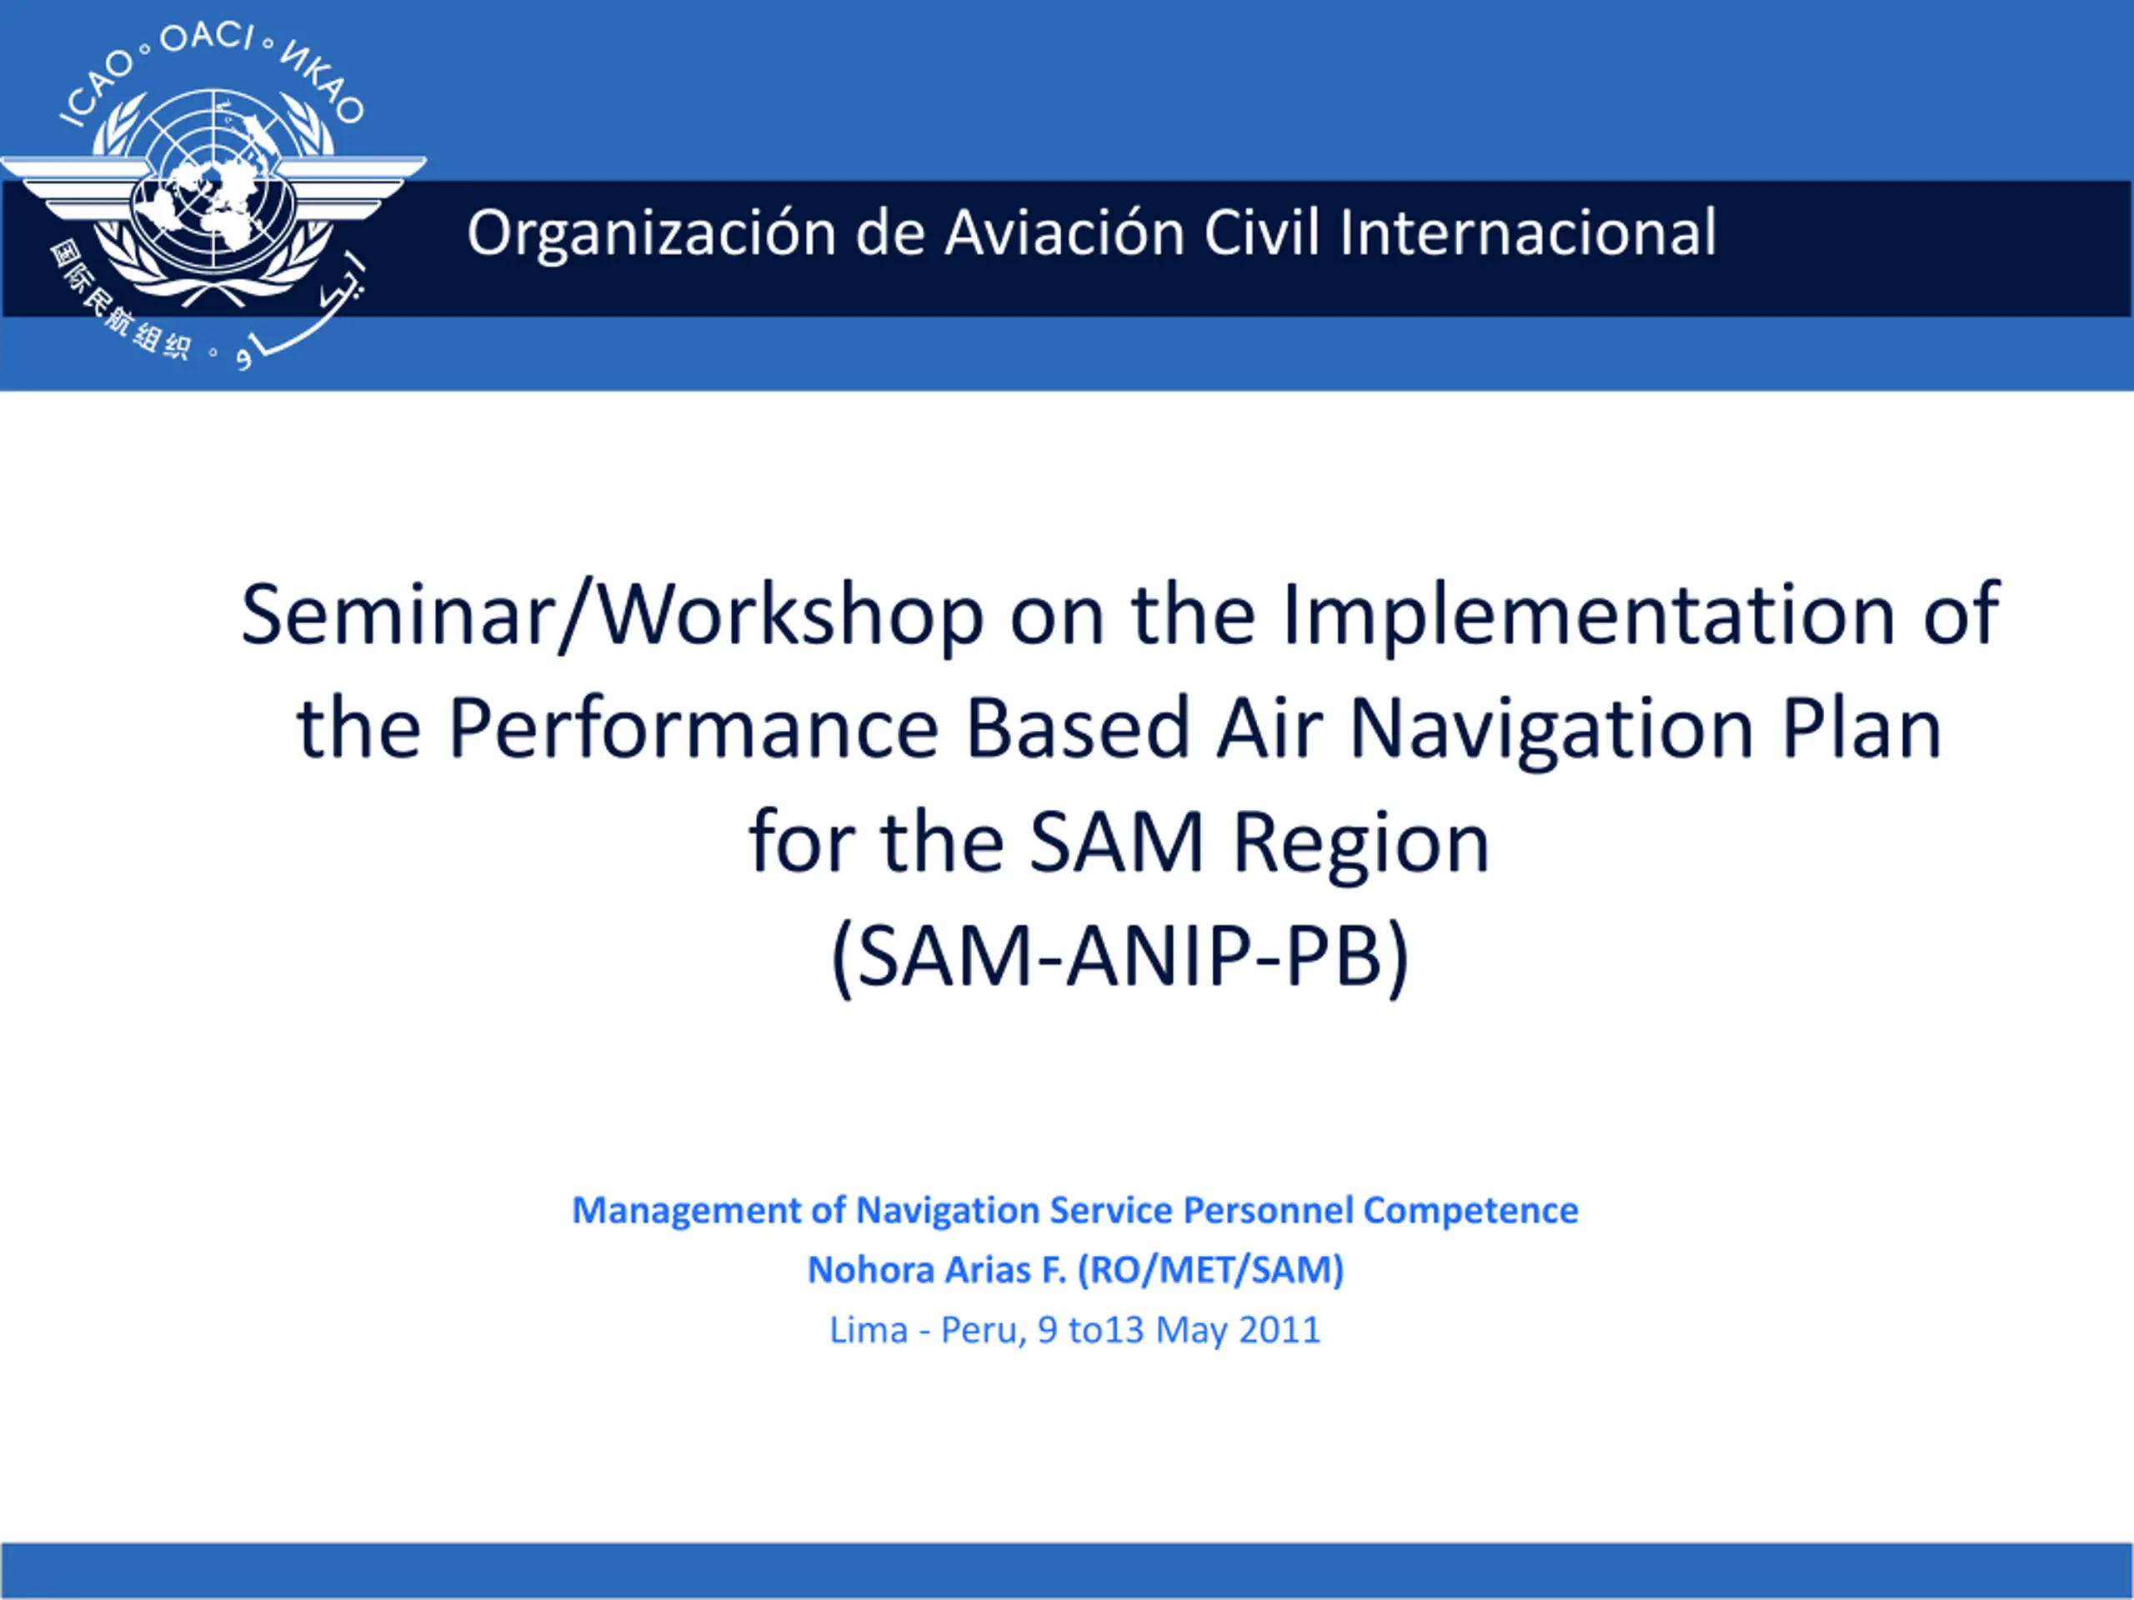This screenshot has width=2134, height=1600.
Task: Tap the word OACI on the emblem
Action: [x=207, y=37]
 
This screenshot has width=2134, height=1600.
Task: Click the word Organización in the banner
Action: [x=651, y=234]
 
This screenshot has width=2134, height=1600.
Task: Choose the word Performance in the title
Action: [x=694, y=728]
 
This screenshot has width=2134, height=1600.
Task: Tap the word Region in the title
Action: [x=1361, y=844]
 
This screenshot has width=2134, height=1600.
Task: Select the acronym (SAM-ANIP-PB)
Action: [x=1120, y=957]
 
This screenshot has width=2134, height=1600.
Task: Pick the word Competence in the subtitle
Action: [x=1470, y=1210]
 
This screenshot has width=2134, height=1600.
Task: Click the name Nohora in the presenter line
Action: [x=870, y=1270]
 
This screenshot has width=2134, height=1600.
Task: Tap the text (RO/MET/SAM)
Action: [x=1210, y=1270]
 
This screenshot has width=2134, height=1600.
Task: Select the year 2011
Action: [x=1280, y=1331]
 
